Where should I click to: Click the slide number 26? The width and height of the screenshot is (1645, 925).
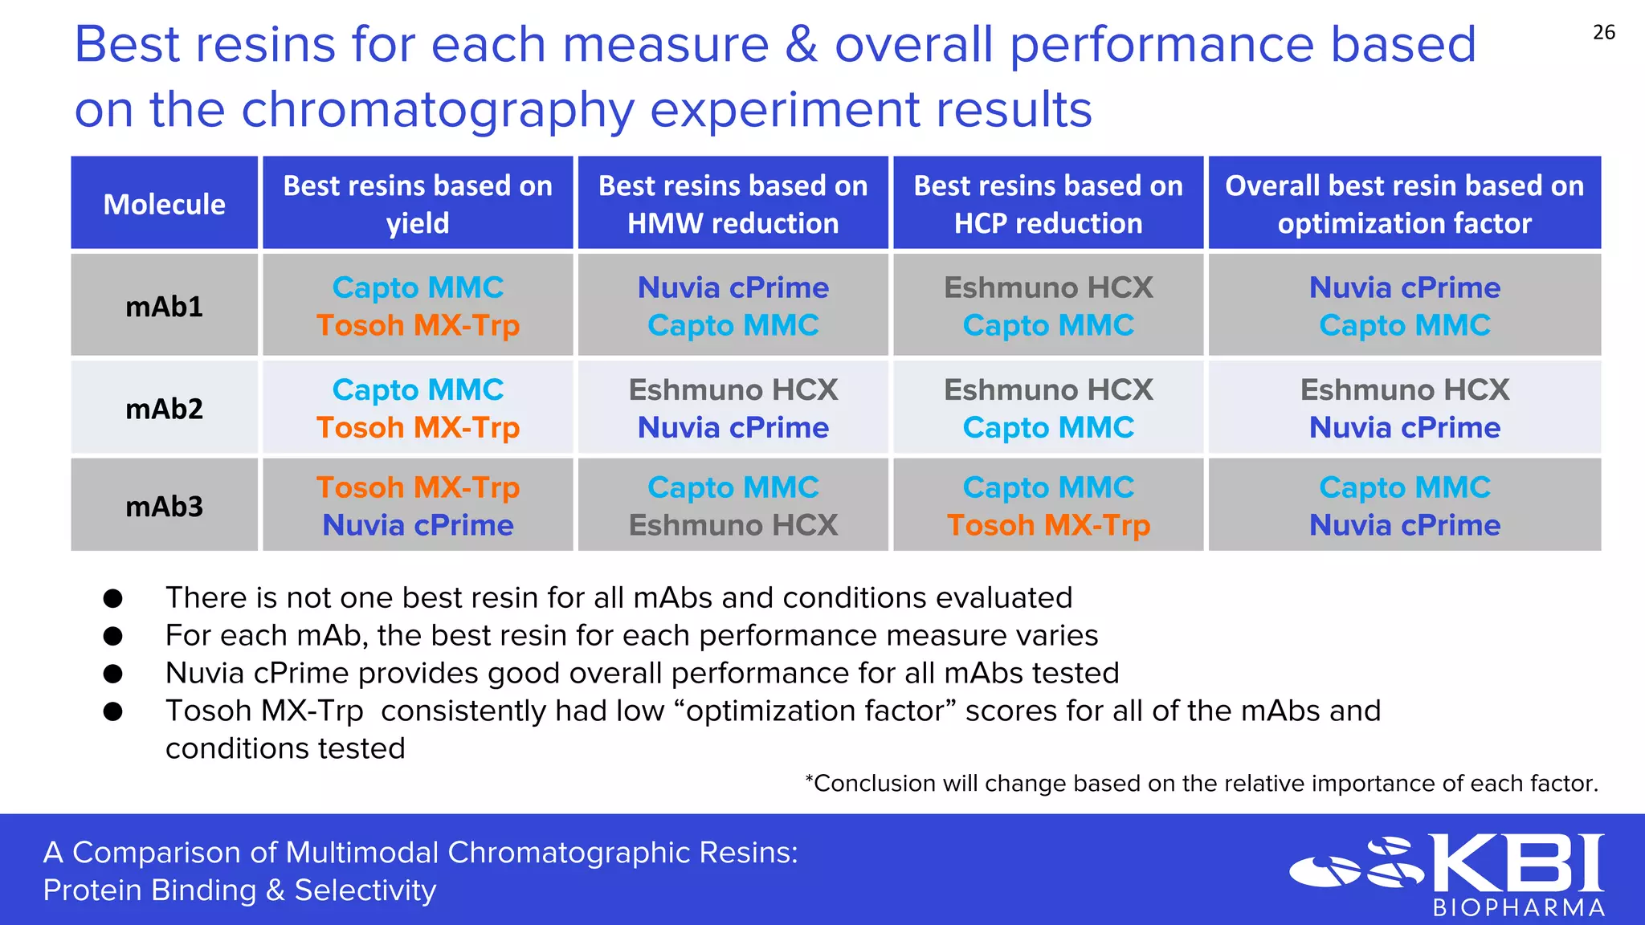click(x=1603, y=33)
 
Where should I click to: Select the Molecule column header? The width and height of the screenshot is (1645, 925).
click(x=164, y=204)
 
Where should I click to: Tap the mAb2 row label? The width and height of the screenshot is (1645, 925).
click(x=164, y=409)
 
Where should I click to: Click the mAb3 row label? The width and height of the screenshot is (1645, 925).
click(x=164, y=507)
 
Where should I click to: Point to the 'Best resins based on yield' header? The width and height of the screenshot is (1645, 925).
click(x=418, y=204)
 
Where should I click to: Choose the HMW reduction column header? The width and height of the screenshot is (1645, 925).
click(x=733, y=204)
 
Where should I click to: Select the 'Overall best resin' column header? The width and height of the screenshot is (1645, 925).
click(x=1404, y=204)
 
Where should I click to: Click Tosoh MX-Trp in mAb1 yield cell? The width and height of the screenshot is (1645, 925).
click(x=418, y=325)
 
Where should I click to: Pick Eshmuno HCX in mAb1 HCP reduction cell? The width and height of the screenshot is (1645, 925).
click(x=1048, y=287)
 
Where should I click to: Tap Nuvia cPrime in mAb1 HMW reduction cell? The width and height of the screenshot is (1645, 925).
click(x=733, y=287)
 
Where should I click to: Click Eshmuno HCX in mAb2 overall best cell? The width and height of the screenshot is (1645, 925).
click(x=1404, y=389)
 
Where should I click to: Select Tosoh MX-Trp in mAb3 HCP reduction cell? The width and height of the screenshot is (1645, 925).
click(x=1048, y=525)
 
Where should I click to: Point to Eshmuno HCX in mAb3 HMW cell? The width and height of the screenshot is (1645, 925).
click(x=733, y=525)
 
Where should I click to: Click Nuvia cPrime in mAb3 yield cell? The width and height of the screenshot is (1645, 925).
click(x=418, y=525)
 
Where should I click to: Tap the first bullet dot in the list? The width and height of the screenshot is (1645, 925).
click(x=113, y=598)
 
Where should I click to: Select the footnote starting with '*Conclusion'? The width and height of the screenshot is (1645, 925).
click(x=1201, y=783)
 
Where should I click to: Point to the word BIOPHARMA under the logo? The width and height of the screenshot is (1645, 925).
click(x=1518, y=908)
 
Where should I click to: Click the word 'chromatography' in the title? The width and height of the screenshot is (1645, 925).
click(x=438, y=110)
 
